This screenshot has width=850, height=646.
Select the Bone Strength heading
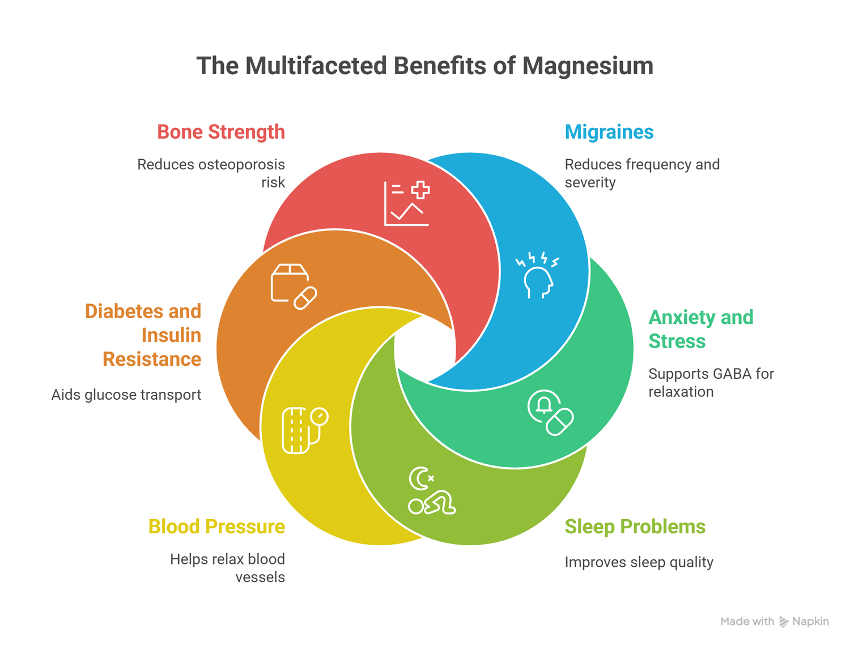pos(221,132)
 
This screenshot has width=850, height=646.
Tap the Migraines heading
pos(609,132)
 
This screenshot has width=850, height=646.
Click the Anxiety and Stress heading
pos(700,329)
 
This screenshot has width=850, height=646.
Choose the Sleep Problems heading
pos(635,527)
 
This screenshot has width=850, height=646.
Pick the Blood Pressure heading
pos(216,527)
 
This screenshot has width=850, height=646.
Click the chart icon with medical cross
pos(407,204)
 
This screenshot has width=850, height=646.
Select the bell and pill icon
pos(550,413)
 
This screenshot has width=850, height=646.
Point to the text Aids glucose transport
pos(126,395)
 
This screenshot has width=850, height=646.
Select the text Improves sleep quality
pos(639,562)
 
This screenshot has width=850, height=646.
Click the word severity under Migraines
pos(590,182)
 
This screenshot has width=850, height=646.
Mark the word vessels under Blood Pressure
pos(260,577)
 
